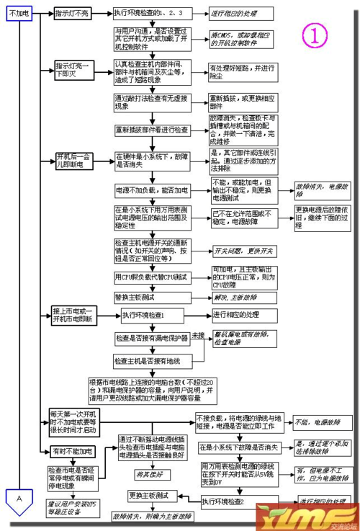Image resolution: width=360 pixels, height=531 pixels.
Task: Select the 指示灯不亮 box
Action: (x=74, y=14)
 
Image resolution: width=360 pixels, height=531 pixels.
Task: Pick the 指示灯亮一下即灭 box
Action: (x=73, y=70)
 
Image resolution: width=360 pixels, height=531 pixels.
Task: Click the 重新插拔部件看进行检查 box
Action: (x=152, y=130)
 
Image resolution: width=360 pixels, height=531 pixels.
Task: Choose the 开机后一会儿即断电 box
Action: (x=73, y=160)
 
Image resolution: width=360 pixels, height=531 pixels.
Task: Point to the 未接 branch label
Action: (x=198, y=335)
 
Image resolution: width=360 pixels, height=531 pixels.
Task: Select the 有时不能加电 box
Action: (x=72, y=451)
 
